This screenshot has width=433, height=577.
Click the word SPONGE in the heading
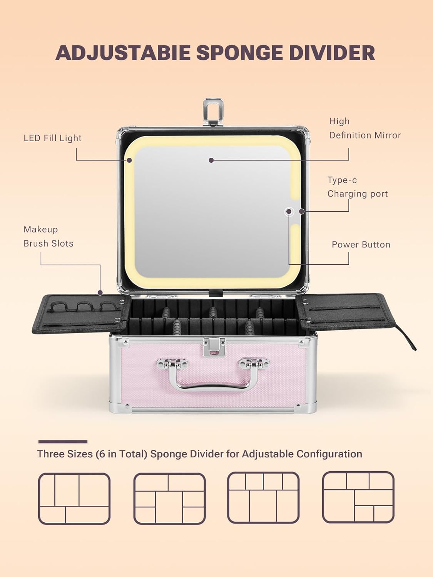click(239, 53)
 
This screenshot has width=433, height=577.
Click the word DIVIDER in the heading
click(332, 53)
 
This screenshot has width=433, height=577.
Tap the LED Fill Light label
click(53, 138)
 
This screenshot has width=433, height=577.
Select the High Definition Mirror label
click(365, 128)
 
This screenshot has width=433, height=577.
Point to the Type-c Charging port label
click(358, 187)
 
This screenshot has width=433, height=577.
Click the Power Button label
click(361, 245)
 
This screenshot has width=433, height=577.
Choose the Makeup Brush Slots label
click(48, 237)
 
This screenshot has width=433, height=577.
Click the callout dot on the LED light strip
click(129, 160)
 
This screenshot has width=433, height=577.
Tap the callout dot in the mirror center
click(211, 160)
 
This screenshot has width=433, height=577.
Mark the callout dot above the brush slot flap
click(100, 292)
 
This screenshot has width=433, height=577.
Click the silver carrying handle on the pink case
click(213, 375)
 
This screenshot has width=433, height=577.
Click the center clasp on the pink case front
click(214, 347)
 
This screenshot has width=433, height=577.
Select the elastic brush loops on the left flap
click(82, 307)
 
